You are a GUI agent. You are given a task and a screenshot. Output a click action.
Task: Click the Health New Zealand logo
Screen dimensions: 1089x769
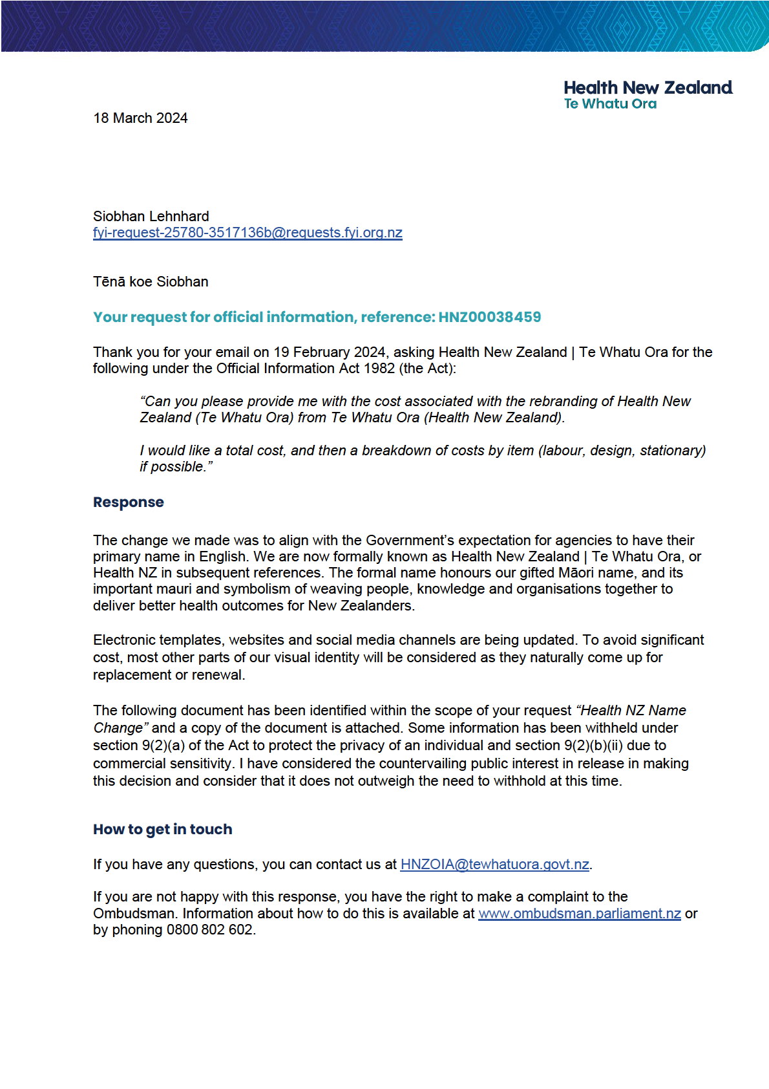coord(648,94)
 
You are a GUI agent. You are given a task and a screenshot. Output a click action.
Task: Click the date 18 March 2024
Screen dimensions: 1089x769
coord(140,118)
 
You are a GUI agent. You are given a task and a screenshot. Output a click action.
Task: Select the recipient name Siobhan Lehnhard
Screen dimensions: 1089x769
coord(151,217)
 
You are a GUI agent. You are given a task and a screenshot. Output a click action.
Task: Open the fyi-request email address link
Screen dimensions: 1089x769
coord(248,233)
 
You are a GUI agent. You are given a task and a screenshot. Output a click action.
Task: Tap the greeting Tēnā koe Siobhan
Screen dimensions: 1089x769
coord(151,282)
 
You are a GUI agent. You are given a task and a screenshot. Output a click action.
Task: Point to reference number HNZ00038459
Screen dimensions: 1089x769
coord(489,318)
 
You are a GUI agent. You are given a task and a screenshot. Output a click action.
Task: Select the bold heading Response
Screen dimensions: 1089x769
coord(128,502)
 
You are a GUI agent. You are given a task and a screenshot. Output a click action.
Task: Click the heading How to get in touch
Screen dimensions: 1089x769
coord(162,830)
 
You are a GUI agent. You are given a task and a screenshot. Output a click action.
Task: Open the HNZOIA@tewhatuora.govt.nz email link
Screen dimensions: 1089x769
coord(494,865)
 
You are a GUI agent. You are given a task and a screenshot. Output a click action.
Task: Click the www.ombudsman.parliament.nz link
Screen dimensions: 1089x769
coord(579,914)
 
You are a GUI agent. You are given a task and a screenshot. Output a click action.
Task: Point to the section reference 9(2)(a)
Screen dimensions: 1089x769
coord(163,746)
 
